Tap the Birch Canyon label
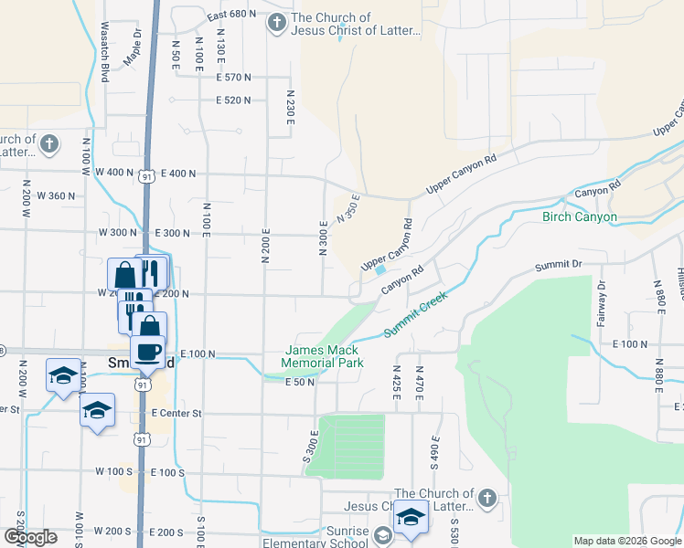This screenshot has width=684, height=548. tap(580, 217)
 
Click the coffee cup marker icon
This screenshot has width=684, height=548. tap(147, 352)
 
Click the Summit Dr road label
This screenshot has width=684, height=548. tap(558, 265)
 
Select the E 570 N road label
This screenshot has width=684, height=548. tap(233, 77)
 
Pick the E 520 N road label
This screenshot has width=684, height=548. tap(233, 100)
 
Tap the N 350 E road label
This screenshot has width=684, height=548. tap(348, 208)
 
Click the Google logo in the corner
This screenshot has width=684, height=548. tap(30, 537)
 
